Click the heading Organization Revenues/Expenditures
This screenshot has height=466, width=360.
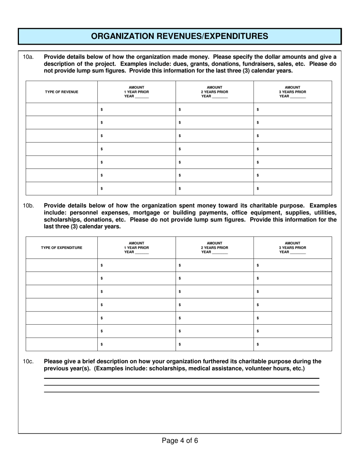(x=180, y=36)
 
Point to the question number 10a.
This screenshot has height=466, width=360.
(x=28, y=57)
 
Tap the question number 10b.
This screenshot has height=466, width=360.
(x=28, y=206)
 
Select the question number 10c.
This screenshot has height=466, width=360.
(x=28, y=361)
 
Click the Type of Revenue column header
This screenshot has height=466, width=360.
(x=61, y=92)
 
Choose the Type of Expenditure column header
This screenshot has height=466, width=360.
(x=61, y=248)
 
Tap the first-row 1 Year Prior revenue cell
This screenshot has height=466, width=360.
(x=136, y=109)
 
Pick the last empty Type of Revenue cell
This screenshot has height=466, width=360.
(x=61, y=188)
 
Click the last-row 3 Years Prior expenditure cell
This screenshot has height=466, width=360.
(x=293, y=344)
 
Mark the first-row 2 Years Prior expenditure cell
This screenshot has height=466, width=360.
(x=214, y=266)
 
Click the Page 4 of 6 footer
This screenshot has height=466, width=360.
(x=180, y=441)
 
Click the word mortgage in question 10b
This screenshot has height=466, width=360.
(x=148, y=213)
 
